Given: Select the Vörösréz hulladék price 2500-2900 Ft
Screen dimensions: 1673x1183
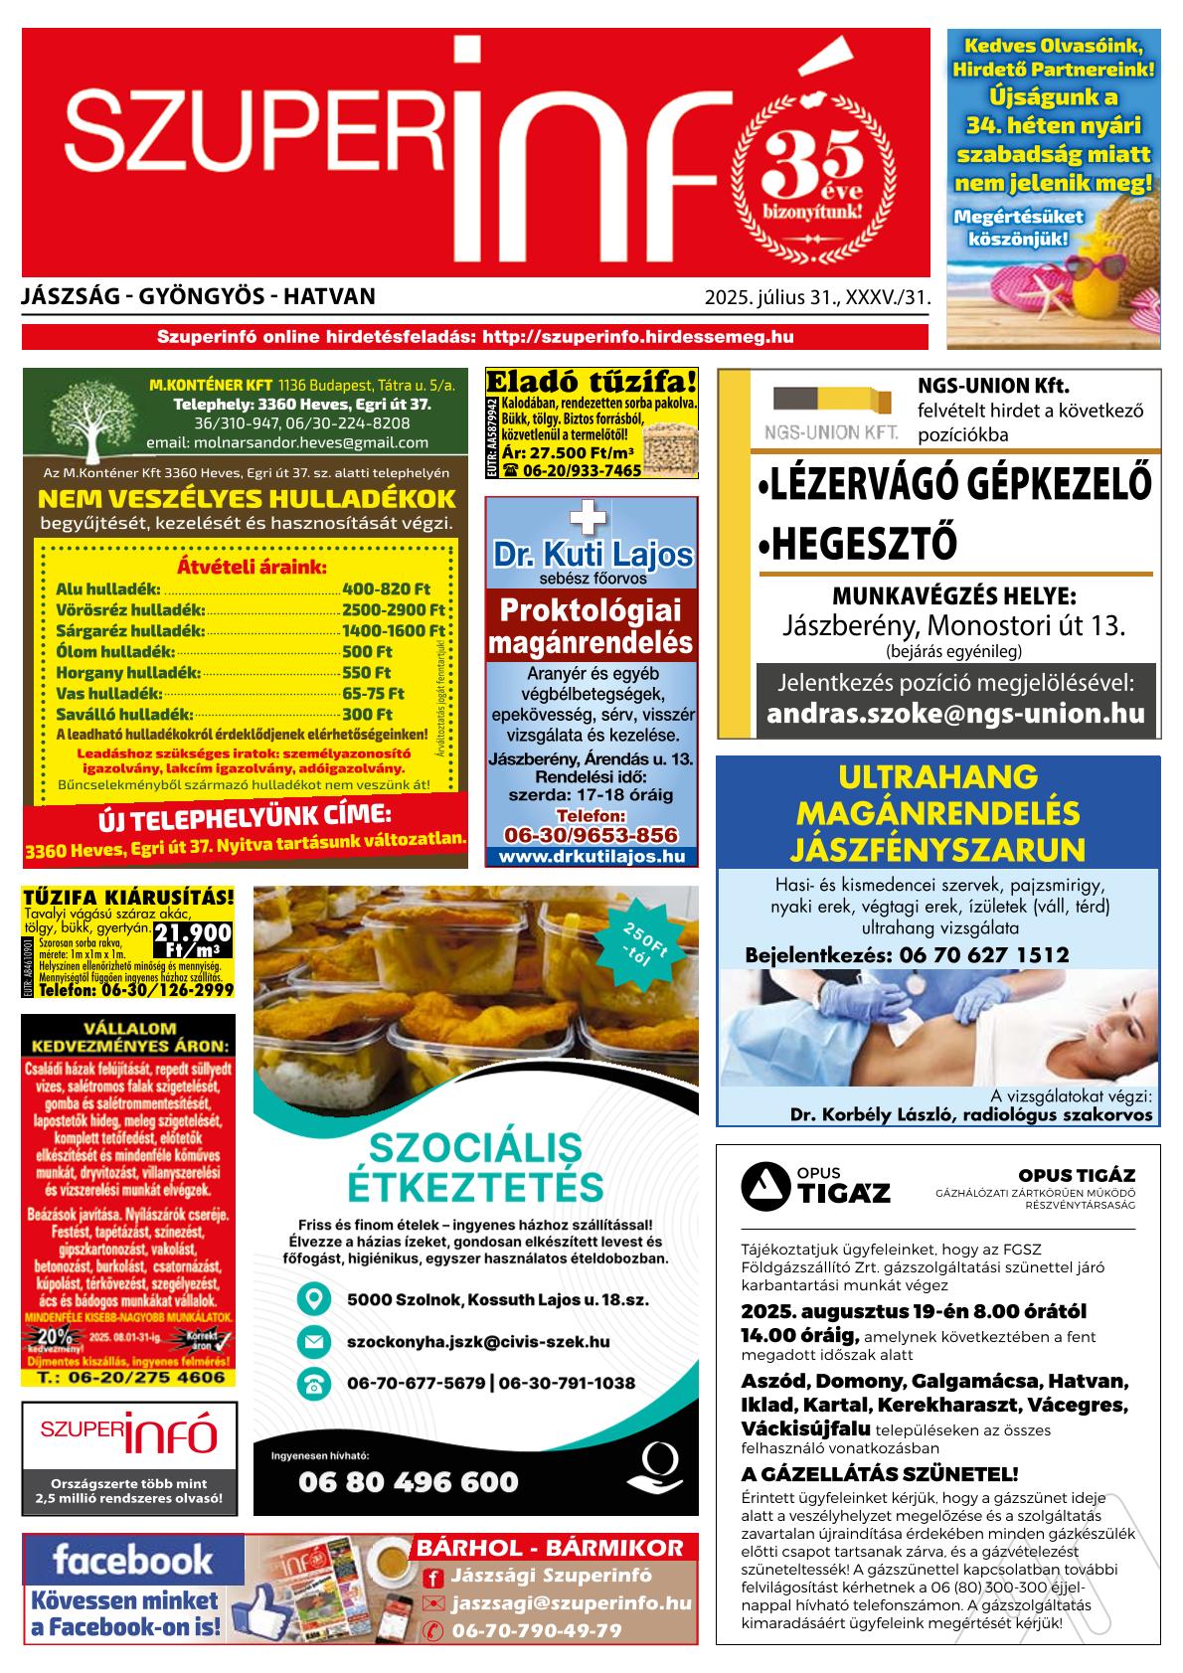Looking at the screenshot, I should [x=393, y=609].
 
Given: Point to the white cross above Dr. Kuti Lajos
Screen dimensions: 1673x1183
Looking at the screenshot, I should [x=590, y=517].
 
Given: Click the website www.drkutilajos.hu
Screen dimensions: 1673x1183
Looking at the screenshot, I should [x=591, y=856].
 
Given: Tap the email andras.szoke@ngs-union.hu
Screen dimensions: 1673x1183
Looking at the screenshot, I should [x=955, y=714].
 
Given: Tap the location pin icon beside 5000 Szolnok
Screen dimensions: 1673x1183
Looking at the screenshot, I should [x=314, y=1298].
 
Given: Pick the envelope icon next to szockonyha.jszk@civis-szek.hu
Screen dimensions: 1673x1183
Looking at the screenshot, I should [x=314, y=1342].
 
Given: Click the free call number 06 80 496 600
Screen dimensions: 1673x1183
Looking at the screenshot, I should [x=408, y=1482].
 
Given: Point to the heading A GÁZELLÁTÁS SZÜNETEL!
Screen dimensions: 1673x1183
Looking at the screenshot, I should [x=880, y=1473].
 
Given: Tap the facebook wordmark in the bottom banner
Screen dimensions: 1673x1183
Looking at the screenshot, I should [x=131, y=1558].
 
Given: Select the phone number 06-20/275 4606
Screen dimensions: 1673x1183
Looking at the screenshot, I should [x=129, y=1378].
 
